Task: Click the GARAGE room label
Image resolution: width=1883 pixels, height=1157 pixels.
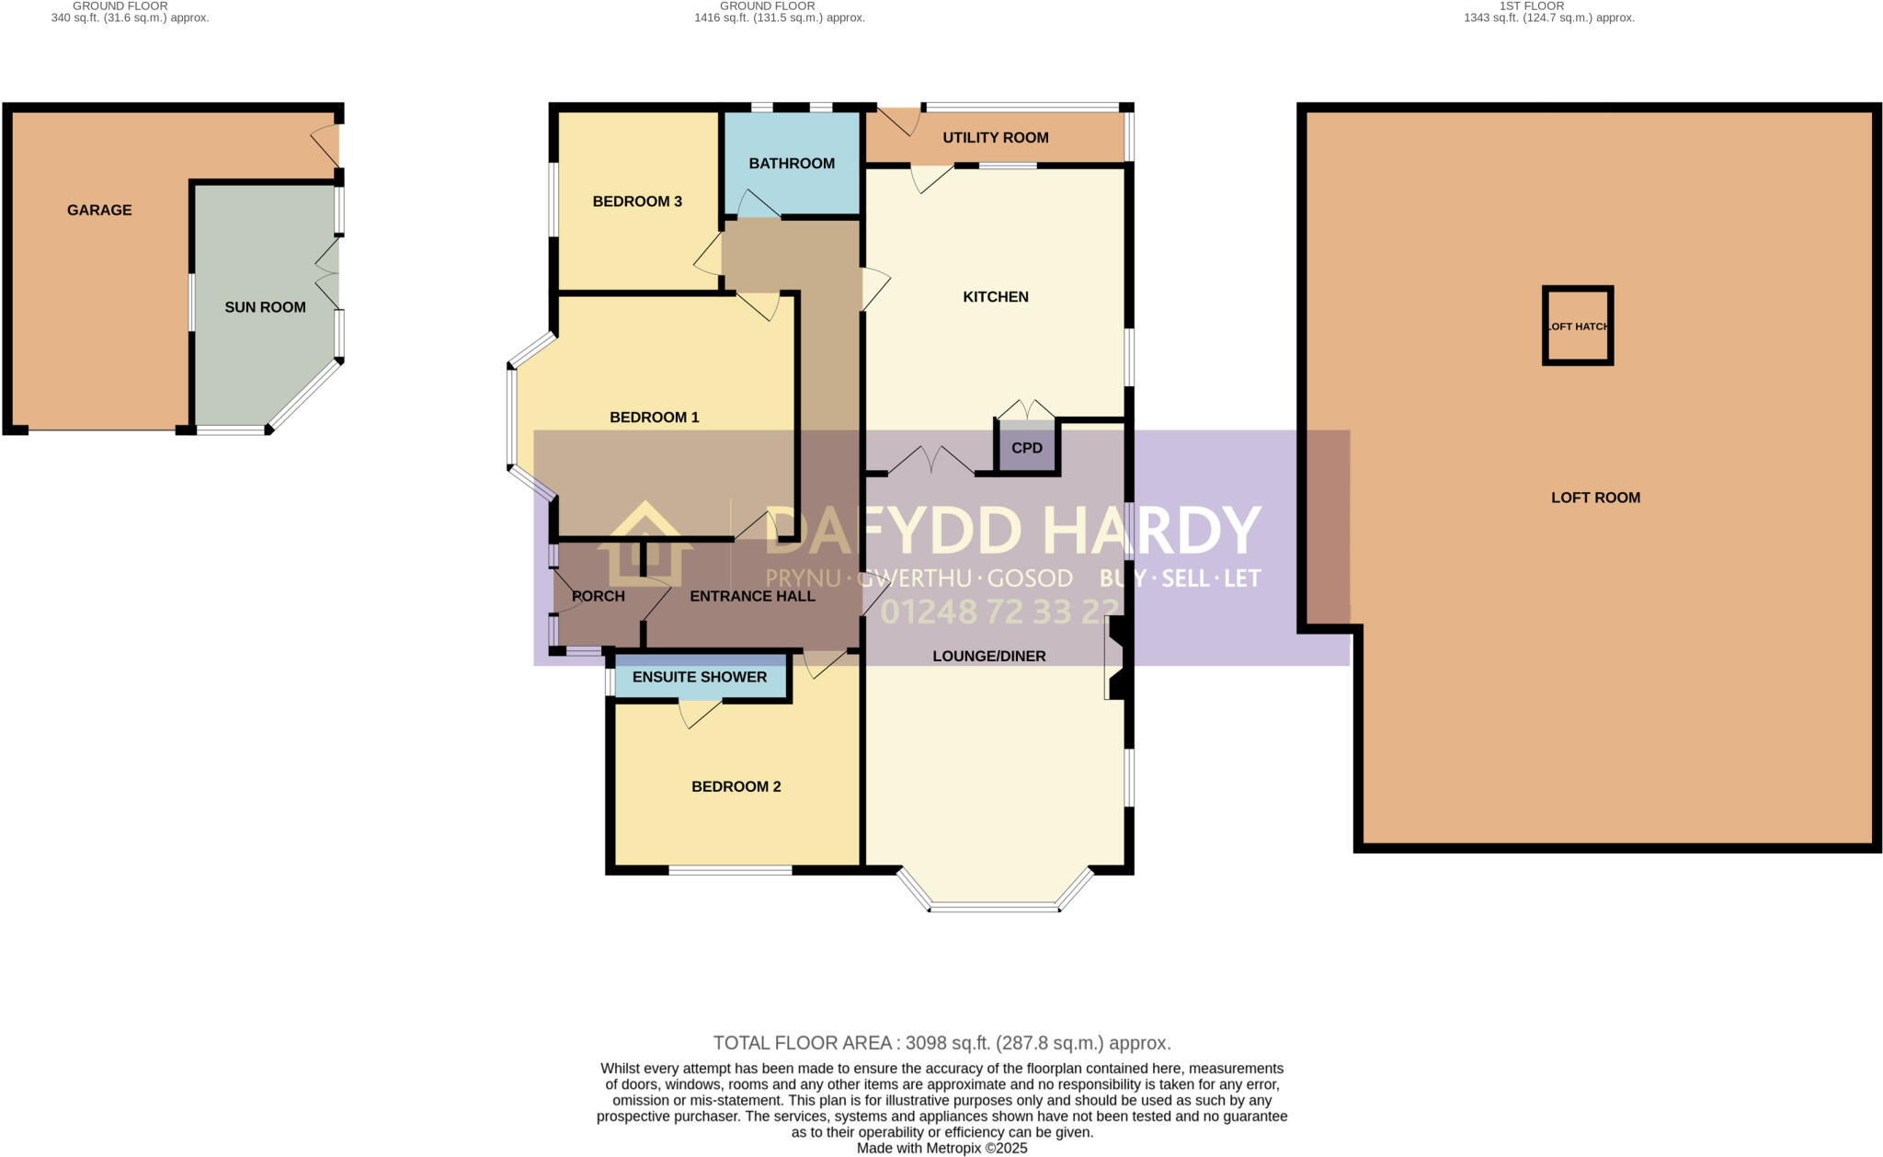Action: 99,210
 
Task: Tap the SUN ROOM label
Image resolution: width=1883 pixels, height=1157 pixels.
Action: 265,307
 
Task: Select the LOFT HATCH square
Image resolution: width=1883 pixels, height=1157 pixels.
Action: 1578,326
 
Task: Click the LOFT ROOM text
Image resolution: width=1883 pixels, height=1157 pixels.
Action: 1595,498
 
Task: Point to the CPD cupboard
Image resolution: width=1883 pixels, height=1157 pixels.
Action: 1027,448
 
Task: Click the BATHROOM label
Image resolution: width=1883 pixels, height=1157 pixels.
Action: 792,164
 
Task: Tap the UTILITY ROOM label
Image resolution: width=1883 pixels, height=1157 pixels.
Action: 995,138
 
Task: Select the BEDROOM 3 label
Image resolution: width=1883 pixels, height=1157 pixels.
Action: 637,201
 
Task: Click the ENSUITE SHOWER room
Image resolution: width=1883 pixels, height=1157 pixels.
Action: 700,677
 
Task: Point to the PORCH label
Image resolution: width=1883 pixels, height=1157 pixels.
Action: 599,596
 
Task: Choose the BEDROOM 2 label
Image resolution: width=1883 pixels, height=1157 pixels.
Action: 736,786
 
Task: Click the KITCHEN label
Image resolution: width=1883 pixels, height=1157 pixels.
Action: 995,297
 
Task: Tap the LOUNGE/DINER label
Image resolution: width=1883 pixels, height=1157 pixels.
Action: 989,656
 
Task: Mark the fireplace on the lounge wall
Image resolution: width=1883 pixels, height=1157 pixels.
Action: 1115,657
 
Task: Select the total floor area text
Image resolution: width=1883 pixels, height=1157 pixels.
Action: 941,1043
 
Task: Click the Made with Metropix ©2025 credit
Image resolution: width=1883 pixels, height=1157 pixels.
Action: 941,1149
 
